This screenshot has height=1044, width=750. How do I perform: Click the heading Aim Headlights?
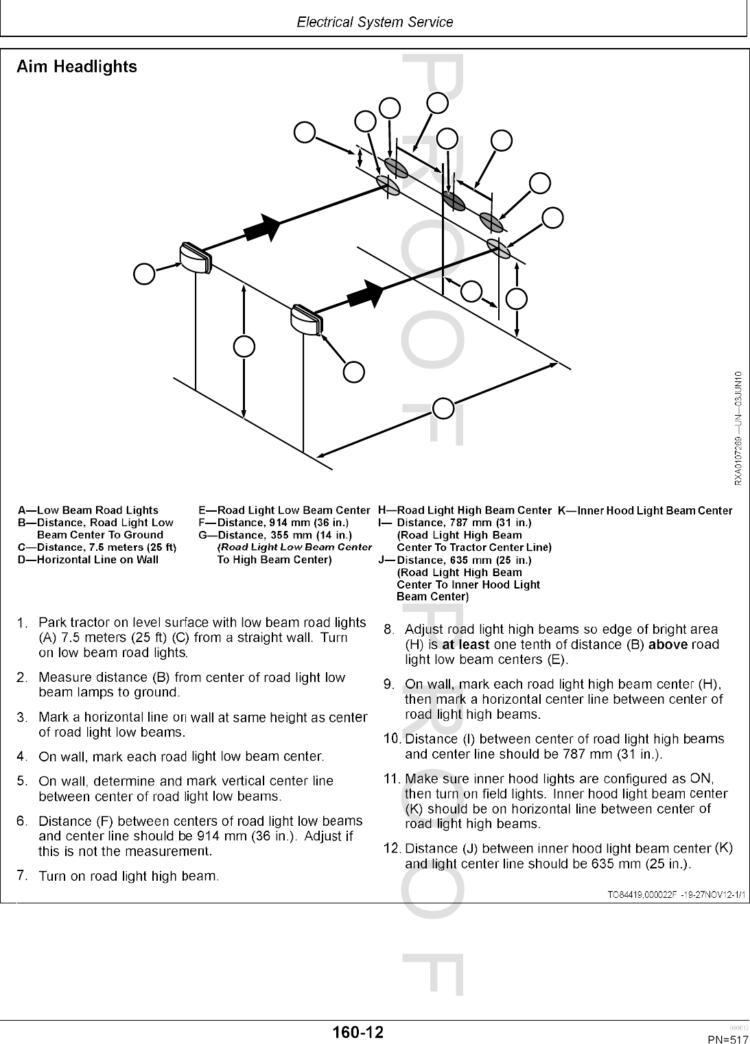76,67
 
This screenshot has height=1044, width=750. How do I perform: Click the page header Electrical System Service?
375,22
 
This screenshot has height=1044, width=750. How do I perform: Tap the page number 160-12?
358,1031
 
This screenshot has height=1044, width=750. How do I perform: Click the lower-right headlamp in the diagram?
307,319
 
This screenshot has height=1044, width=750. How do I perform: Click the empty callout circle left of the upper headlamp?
144,273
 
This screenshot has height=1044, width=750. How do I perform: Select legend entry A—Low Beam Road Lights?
88,510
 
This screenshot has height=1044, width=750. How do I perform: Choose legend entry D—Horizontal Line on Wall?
88,560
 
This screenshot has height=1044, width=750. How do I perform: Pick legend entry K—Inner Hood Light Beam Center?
644,510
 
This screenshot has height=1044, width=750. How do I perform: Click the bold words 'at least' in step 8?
465,645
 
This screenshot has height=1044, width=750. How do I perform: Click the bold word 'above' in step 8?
668,645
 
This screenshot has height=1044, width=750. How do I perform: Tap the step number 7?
22,875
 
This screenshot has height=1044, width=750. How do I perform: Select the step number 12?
391,849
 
